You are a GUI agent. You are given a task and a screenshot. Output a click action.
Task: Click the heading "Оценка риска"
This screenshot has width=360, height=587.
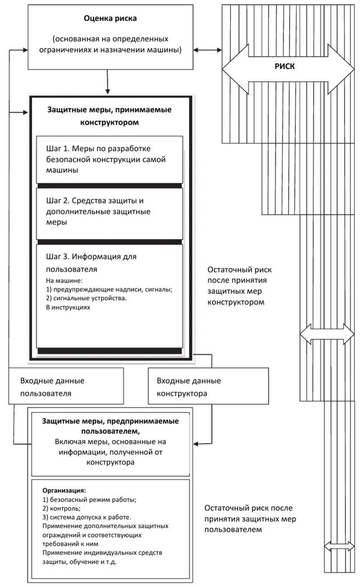(110, 19)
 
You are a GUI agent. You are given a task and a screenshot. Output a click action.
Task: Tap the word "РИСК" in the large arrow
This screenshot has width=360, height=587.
(284, 66)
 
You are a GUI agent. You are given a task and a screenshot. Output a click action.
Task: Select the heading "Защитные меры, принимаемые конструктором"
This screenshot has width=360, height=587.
(110, 116)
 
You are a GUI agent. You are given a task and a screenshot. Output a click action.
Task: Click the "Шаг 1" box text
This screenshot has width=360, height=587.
(109, 160)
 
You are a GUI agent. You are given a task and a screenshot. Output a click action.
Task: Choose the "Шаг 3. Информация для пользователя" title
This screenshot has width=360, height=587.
(83, 262)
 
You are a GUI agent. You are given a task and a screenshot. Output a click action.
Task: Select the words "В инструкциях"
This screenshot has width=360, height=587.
(68, 307)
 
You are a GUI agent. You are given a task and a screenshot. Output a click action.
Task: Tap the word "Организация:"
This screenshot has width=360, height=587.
(64, 491)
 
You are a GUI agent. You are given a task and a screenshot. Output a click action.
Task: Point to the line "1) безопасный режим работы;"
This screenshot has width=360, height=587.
(89, 500)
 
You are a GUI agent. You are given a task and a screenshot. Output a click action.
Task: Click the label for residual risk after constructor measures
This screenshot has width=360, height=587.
(239, 286)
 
